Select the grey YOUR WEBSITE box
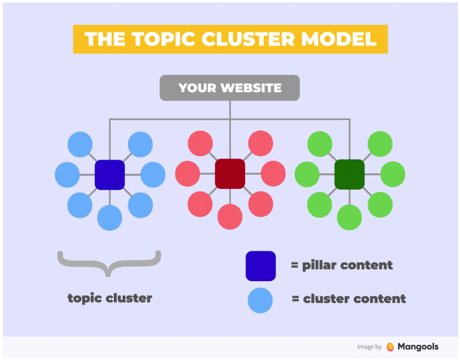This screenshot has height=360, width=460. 230,88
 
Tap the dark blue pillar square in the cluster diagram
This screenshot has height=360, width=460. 110,174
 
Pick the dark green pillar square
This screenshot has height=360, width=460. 350,174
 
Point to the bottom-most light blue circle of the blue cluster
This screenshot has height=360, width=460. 110,217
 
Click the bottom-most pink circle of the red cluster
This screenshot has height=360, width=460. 230,216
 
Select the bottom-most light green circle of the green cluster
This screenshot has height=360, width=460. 350,217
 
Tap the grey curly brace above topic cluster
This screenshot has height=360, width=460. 109,263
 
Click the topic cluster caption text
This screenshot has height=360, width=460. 109,298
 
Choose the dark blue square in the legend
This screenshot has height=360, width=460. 261,266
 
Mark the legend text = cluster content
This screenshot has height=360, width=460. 349,299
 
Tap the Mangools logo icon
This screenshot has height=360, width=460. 390,347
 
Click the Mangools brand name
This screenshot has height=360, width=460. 418,347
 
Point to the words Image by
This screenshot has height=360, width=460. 369,347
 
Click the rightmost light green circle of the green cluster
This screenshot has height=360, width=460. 393,174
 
